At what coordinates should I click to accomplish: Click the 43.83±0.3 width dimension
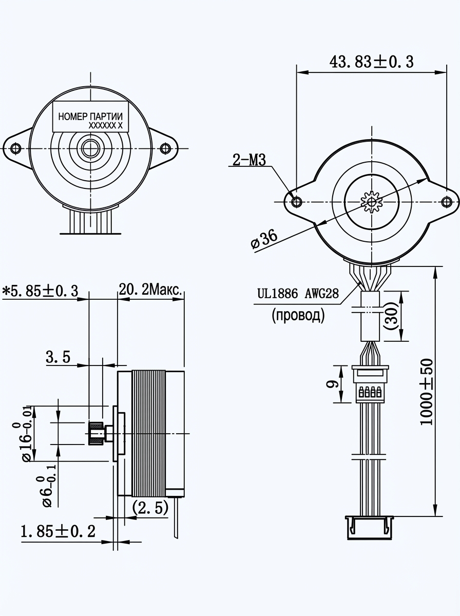coord(371,62)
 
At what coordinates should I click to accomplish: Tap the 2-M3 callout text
coord(249,160)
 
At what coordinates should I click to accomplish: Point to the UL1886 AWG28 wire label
coord(298,294)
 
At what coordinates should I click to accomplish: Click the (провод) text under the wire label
coord(298,315)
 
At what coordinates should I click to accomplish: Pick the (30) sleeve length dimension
coord(391,316)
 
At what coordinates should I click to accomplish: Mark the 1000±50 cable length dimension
coord(426,393)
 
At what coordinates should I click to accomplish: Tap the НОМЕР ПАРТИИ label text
coord(90,117)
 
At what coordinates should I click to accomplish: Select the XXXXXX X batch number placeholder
coord(106,125)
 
